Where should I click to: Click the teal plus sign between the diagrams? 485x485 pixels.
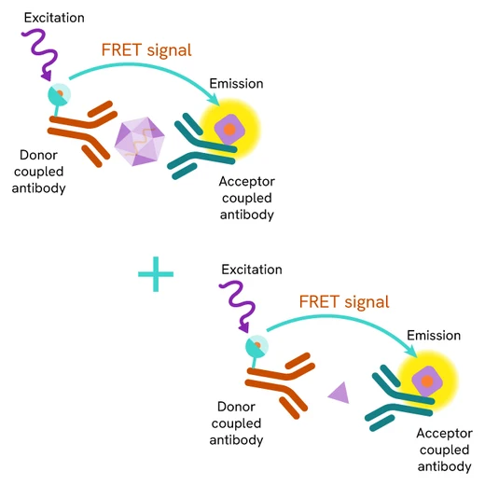[156, 275]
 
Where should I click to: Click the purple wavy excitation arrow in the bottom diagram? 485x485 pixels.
[238, 309]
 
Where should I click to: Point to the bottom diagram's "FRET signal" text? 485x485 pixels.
[344, 301]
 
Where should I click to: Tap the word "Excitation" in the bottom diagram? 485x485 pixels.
[251, 270]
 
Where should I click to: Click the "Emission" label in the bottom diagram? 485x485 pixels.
[433, 335]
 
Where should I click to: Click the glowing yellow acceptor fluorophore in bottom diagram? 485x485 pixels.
[427, 381]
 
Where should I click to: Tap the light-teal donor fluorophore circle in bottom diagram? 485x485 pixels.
[254, 346]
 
